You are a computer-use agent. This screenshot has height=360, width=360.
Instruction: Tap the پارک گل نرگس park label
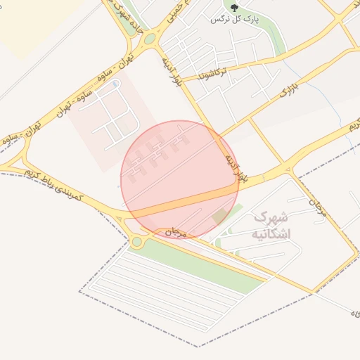tap(235, 20)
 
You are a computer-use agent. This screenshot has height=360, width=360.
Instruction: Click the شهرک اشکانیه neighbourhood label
tap(270, 224)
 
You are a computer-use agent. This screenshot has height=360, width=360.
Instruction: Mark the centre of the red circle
tap(180, 179)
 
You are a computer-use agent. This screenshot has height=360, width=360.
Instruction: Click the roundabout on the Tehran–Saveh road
tap(148, 39)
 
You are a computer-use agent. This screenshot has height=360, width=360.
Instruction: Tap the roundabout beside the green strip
tap(138, 241)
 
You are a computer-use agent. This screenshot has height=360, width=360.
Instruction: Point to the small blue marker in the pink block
tap(115, 84)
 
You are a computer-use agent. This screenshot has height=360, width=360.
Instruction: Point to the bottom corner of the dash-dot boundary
tap(198, 346)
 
